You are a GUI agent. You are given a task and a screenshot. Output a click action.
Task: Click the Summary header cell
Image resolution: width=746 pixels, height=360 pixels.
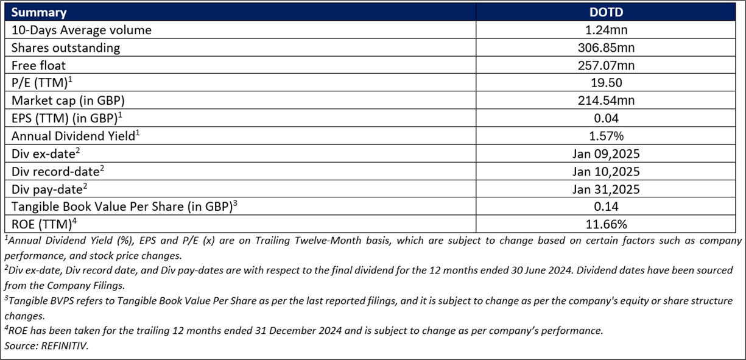[x=39, y=12]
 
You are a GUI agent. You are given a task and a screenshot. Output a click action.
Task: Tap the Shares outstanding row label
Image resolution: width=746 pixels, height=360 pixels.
[x=66, y=48]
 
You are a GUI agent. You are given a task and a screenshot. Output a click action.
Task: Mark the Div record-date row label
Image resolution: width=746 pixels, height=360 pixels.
[x=58, y=171]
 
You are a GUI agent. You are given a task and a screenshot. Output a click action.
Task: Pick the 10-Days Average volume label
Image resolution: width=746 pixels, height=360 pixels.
[x=82, y=30]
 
